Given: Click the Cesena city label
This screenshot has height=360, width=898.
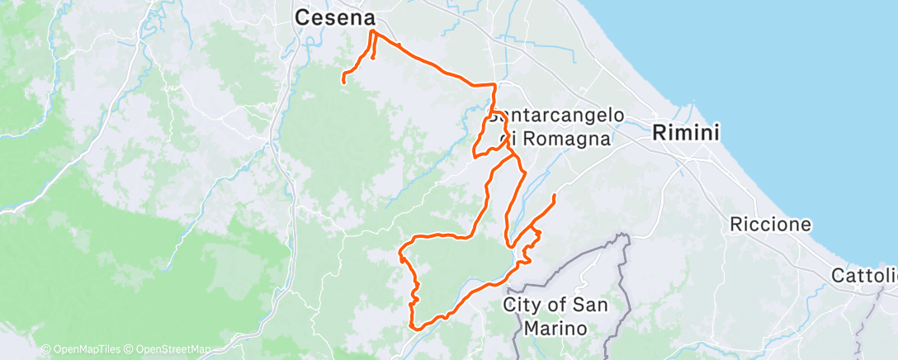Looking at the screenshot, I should coord(335,17).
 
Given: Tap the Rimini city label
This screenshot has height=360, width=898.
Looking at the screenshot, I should coord(686,132).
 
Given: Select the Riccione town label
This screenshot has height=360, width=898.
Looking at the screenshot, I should coord(770,225).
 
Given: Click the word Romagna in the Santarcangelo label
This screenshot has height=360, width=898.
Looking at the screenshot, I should coord(569,139).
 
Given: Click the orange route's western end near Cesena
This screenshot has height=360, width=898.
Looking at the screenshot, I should coord(343,80).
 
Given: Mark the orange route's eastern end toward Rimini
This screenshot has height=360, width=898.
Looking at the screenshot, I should coord(554,195).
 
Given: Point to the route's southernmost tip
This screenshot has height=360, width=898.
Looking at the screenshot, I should coord(417,328).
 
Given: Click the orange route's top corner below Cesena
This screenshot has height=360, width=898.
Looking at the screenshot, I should coord(372,32).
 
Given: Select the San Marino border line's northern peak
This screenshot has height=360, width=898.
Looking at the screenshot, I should coord(625,236).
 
